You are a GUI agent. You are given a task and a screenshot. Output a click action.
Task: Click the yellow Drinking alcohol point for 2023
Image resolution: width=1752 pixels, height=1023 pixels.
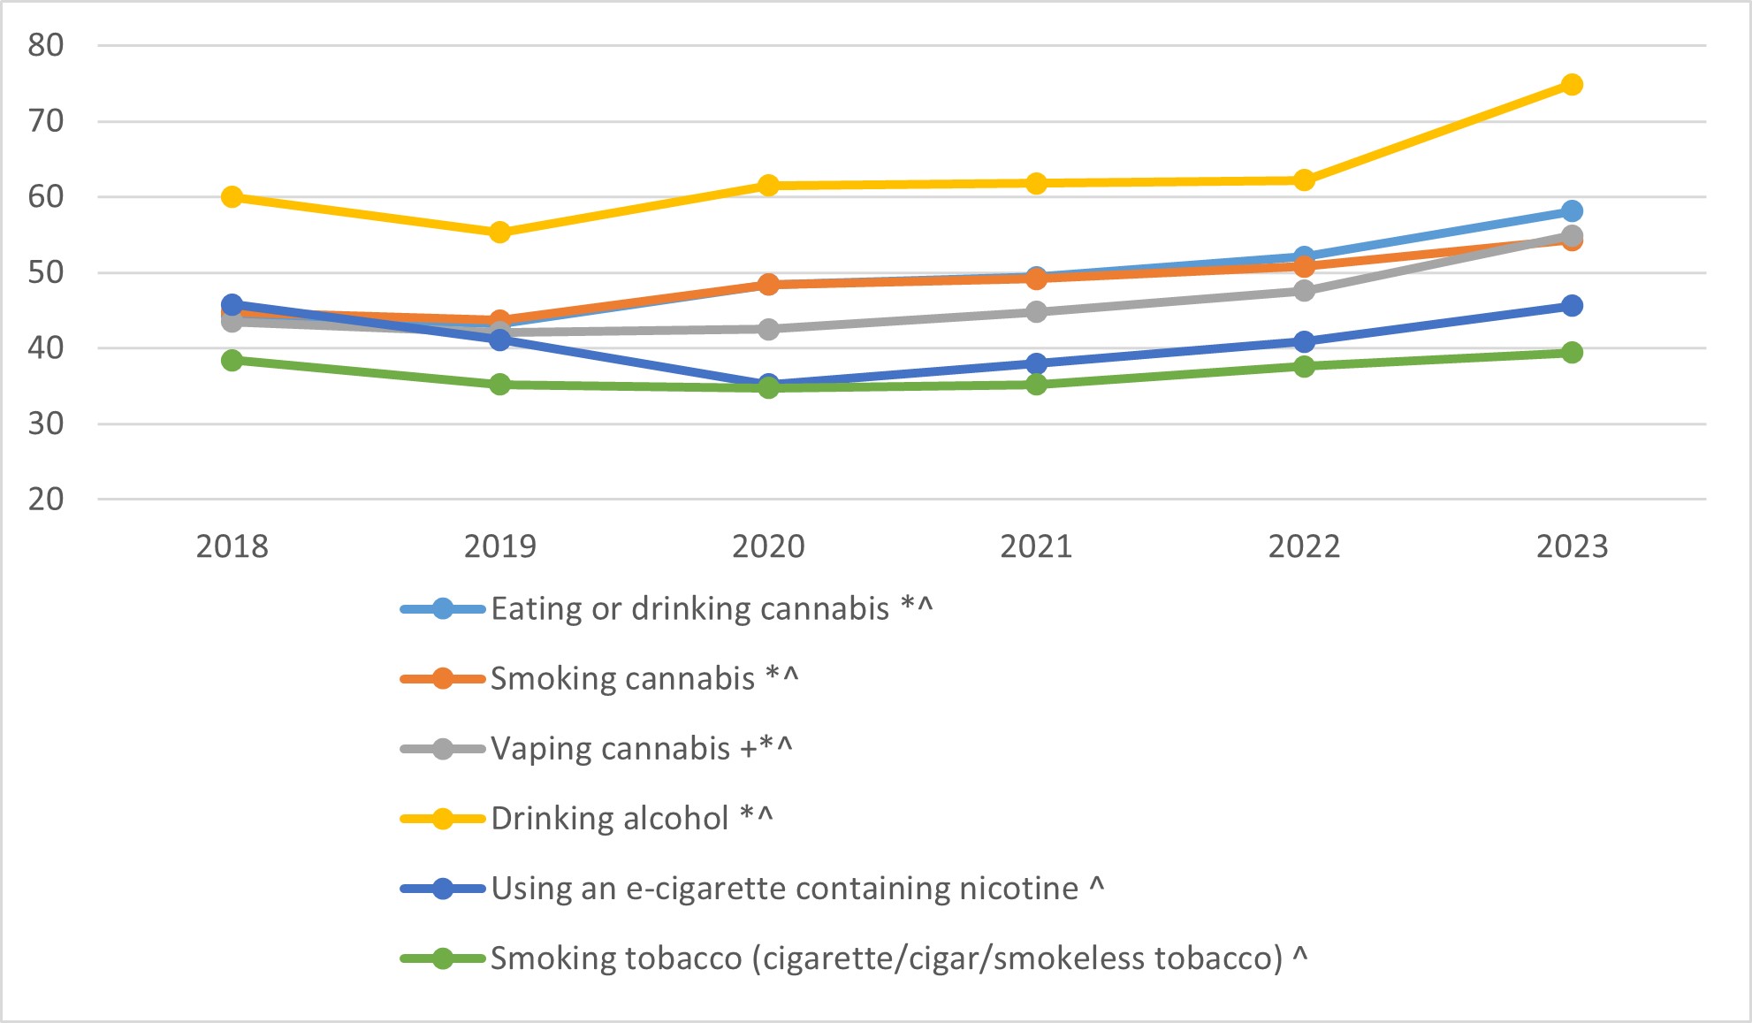click(1572, 85)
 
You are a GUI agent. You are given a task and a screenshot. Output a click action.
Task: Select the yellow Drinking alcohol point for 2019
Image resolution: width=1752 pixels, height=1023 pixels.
click(499, 233)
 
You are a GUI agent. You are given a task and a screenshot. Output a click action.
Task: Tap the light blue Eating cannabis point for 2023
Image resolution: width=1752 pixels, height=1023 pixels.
click(1572, 211)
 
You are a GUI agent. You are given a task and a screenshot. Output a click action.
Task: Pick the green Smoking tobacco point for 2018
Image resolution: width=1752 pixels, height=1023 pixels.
click(232, 360)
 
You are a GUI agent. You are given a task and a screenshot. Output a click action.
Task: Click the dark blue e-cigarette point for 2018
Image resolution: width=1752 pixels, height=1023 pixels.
click(232, 305)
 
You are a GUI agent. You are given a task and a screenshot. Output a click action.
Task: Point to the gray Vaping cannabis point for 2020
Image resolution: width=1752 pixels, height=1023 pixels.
click(768, 329)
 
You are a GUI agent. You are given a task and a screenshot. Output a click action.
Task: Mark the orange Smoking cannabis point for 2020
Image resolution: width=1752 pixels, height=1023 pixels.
click(768, 284)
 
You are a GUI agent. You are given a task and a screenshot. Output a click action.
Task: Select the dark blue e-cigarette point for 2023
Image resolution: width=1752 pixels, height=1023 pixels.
click(1572, 306)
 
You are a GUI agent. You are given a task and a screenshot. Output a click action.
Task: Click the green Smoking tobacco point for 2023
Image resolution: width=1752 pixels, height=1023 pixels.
click(1572, 353)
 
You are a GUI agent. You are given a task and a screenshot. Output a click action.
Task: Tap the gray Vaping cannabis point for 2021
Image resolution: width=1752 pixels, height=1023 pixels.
click(1036, 312)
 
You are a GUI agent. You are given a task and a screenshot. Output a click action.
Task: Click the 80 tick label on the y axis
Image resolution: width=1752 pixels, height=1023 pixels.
click(46, 45)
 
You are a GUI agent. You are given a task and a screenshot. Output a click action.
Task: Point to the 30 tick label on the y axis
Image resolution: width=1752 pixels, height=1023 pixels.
click(46, 424)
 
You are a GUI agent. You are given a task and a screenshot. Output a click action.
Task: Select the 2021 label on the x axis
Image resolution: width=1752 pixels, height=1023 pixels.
click(1036, 546)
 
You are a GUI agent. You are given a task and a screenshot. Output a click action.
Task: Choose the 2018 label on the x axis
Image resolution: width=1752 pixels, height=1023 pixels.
click(232, 546)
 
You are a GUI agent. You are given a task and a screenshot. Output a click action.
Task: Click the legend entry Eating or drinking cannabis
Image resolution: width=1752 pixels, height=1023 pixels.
click(689, 609)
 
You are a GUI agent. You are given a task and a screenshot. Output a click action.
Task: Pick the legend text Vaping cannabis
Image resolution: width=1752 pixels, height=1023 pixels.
click(610, 749)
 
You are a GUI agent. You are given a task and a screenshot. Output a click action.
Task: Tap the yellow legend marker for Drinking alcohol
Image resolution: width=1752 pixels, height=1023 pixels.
click(443, 819)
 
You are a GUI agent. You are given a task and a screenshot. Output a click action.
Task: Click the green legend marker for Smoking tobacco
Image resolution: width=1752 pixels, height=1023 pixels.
click(443, 958)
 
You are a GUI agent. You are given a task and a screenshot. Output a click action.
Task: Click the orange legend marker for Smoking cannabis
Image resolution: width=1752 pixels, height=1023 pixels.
click(443, 679)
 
